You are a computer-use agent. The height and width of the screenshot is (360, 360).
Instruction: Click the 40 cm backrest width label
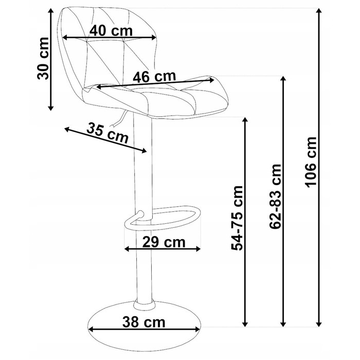pos(111,31)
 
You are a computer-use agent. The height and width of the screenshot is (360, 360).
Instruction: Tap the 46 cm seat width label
pos(154,77)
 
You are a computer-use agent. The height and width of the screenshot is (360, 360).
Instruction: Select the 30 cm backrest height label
pos(43,58)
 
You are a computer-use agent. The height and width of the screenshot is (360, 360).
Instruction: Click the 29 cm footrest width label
pos(164,242)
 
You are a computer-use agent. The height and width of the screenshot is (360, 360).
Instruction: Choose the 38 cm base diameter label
pos(143,322)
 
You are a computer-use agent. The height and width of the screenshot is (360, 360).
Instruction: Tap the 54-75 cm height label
pos(237,218)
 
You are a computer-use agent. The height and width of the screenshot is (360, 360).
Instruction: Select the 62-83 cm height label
pos(275,196)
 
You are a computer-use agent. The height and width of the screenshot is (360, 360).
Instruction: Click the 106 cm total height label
pos(311,162)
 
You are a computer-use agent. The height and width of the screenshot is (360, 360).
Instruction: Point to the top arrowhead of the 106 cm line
pos(318,11)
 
